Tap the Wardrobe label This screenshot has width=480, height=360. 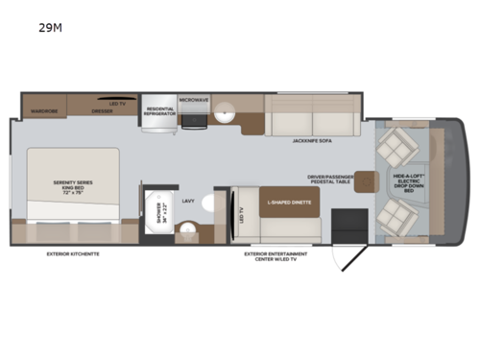(44, 110)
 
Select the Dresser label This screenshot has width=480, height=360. (102, 110)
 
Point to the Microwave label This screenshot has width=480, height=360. (193, 99)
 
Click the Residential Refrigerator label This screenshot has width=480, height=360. (160, 111)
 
